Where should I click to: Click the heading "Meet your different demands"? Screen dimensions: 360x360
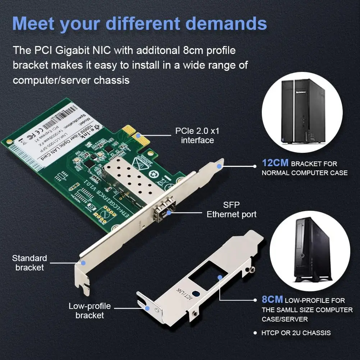click(x=140, y=24)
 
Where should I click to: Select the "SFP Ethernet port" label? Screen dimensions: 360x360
click(x=231, y=210)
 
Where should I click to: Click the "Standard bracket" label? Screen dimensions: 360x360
click(x=29, y=263)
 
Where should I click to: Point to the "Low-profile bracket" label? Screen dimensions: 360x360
click(x=90, y=311)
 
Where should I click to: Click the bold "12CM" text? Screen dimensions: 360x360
click(x=275, y=163)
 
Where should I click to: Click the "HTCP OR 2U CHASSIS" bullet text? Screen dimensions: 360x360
click(x=296, y=333)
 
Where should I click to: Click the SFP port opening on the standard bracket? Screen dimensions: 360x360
click(x=164, y=212)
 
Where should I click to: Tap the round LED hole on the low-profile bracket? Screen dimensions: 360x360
click(x=195, y=294)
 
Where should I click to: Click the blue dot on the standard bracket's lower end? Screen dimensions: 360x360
click(x=83, y=263)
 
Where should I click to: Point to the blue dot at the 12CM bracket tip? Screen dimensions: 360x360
click(x=219, y=167)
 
